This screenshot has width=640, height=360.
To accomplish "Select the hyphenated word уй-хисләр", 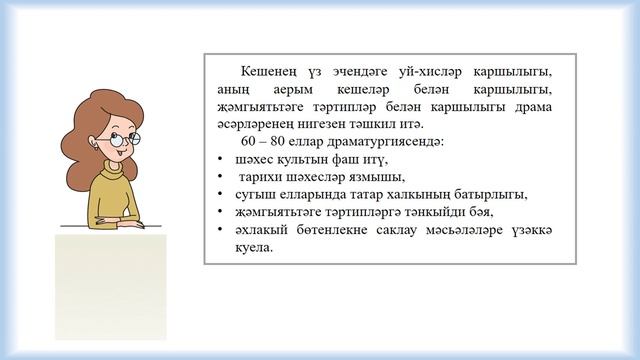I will pos(417,72).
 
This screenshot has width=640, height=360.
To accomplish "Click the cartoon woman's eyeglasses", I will pos(127,139).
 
